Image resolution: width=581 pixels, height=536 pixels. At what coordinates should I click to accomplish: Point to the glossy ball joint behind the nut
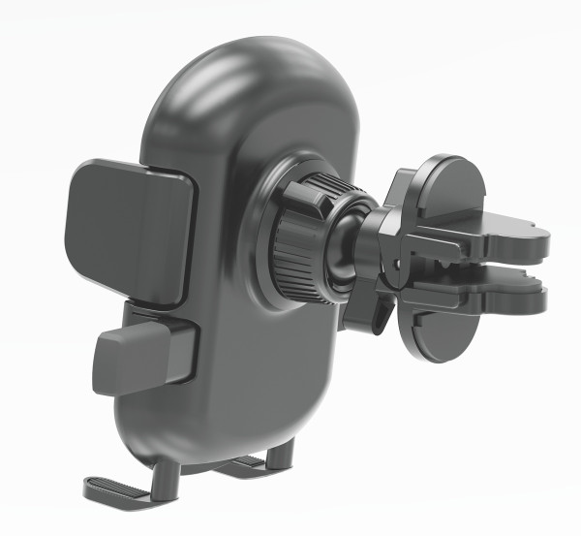343,242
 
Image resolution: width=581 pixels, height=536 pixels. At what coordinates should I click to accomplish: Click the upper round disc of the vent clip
450,189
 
